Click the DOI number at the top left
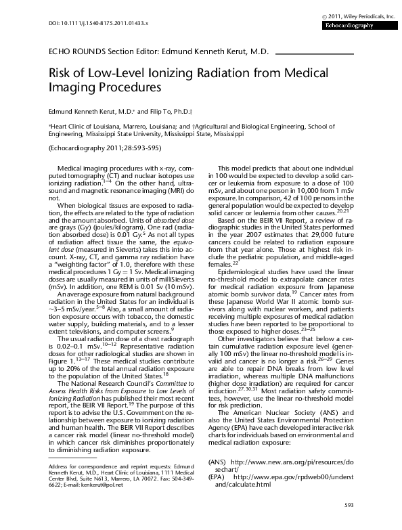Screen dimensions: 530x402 tap(87, 24)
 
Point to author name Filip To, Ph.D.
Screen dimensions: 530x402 tap(174, 110)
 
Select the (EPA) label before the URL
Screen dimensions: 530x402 tap(217, 477)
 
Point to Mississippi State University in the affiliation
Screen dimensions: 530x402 tap(125, 134)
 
